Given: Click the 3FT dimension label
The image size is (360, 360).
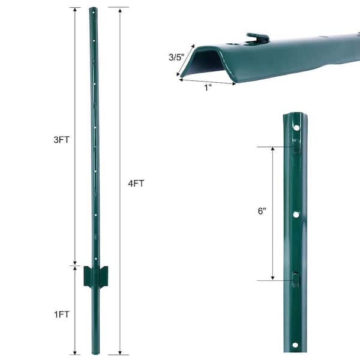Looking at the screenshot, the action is click(61, 140).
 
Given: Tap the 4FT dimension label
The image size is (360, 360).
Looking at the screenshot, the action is click(136, 184).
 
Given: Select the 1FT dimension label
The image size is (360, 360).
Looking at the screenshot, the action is click(62, 314).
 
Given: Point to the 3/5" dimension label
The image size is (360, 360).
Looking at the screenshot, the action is click(176, 57).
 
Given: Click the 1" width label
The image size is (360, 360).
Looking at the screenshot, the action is click(208, 88).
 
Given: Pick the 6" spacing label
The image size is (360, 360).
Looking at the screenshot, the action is click(262, 211).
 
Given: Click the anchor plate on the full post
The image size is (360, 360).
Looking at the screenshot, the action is click(96, 276).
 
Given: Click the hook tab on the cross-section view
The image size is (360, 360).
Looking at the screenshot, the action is click(257, 38).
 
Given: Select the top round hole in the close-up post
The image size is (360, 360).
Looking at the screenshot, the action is click(296, 128).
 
